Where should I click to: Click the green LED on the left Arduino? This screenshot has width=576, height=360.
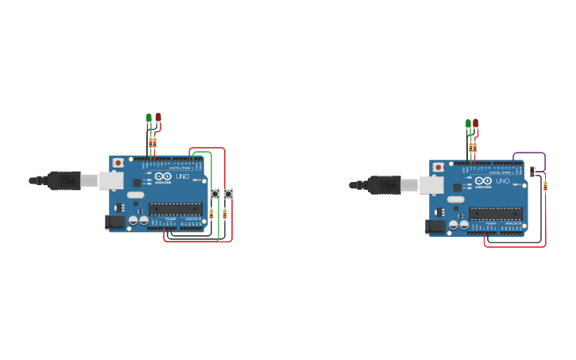point(149,118)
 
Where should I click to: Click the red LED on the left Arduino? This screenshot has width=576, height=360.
point(158,117)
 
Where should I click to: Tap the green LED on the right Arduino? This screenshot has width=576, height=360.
point(468,123)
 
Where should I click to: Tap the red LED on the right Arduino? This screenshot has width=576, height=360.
point(475,123)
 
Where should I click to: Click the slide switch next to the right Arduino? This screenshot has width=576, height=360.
point(533,171)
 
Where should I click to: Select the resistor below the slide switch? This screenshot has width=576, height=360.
point(545,186)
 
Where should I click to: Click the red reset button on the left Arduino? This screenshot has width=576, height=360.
point(118,163)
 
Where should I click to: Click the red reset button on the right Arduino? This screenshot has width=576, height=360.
point(438,168)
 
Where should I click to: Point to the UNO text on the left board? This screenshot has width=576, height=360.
point(182,176)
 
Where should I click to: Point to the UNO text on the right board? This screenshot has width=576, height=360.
point(502,181)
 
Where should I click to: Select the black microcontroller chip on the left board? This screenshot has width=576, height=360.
point(176,209)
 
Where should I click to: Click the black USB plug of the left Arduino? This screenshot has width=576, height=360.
point(64,180)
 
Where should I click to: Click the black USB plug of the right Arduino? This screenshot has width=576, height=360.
point(385,185)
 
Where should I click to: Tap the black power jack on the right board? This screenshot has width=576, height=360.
point(435,226)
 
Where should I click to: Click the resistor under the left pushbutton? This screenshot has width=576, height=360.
point(211,213)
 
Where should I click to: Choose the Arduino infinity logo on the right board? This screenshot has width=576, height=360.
point(483,181)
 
